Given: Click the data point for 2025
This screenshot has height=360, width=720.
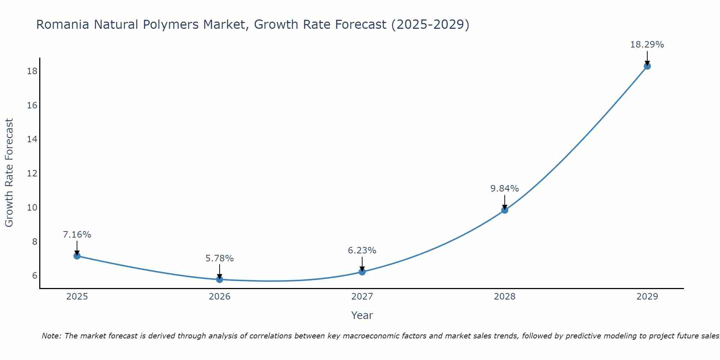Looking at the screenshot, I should [x=77, y=256].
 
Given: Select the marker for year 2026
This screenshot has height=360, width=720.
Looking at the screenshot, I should [x=220, y=279].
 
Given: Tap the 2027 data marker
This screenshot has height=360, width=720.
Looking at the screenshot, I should [x=362, y=272].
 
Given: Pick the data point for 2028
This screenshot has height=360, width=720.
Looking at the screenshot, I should [x=505, y=210].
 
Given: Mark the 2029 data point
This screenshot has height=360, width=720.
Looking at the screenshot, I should [x=647, y=66].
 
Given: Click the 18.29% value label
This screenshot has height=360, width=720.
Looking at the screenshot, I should [x=647, y=45].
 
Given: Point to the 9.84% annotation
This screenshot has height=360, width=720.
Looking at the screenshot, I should [x=504, y=189].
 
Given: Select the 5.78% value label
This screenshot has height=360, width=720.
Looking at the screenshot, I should [x=220, y=258].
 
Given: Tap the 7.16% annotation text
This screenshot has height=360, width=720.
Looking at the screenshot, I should [x=77, y=235].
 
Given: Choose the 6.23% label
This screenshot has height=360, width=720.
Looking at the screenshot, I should [x=362, y=251].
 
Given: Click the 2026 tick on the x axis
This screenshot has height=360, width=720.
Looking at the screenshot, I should [x=220, y=297].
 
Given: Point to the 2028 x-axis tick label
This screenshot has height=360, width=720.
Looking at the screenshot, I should [x=505, y=297].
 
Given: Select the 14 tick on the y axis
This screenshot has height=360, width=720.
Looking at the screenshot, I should [x=32, y=139].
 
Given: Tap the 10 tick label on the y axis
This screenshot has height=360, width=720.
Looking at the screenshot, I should [x=32, y=208].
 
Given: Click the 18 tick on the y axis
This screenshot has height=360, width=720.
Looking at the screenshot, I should [x=32, y=71].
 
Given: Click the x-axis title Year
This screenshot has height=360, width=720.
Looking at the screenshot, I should [x=362, y=315].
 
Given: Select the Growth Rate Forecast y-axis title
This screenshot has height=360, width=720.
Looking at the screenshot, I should [x=9, y=173].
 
